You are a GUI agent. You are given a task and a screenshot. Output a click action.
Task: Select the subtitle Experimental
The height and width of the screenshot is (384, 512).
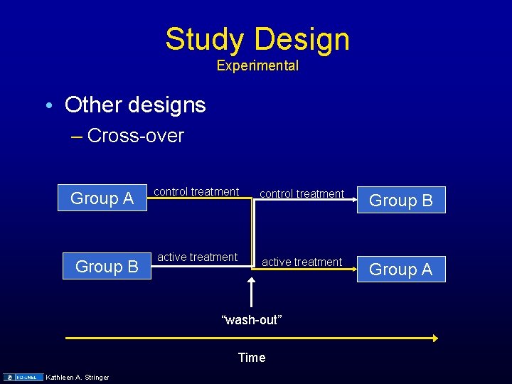[x=257, y=66]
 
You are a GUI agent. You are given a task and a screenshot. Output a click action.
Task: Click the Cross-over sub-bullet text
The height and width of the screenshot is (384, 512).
[x=136, y=136]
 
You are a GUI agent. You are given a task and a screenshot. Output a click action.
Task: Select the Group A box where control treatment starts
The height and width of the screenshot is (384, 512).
[x=102, y=198]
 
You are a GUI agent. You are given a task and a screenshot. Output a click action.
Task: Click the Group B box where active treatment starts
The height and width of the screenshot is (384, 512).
[x=107, y=267]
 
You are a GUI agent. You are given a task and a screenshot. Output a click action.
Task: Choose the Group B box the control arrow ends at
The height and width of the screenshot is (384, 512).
[x=401, y=201]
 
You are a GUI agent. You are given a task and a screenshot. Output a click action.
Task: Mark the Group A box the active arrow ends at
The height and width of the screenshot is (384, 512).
[x=401, y=270]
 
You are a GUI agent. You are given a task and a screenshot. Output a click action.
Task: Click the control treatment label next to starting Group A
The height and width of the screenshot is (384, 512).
[x=196, y=191]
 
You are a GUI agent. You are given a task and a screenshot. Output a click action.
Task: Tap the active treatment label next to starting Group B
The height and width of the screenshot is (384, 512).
[x=197, y=257]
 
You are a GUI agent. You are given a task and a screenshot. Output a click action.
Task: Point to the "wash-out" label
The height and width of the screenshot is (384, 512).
[x=252, y=320]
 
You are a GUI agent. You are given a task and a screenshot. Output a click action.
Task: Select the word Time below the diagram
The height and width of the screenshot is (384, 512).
[x=252, y=358]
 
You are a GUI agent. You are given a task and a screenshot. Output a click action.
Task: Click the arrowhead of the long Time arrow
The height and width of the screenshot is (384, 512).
[x=434, y=338]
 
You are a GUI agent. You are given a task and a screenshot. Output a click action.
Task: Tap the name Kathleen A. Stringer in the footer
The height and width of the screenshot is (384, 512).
[x=78, y=377]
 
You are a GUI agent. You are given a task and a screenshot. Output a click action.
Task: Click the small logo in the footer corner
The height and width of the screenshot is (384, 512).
[x=21, y=377]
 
